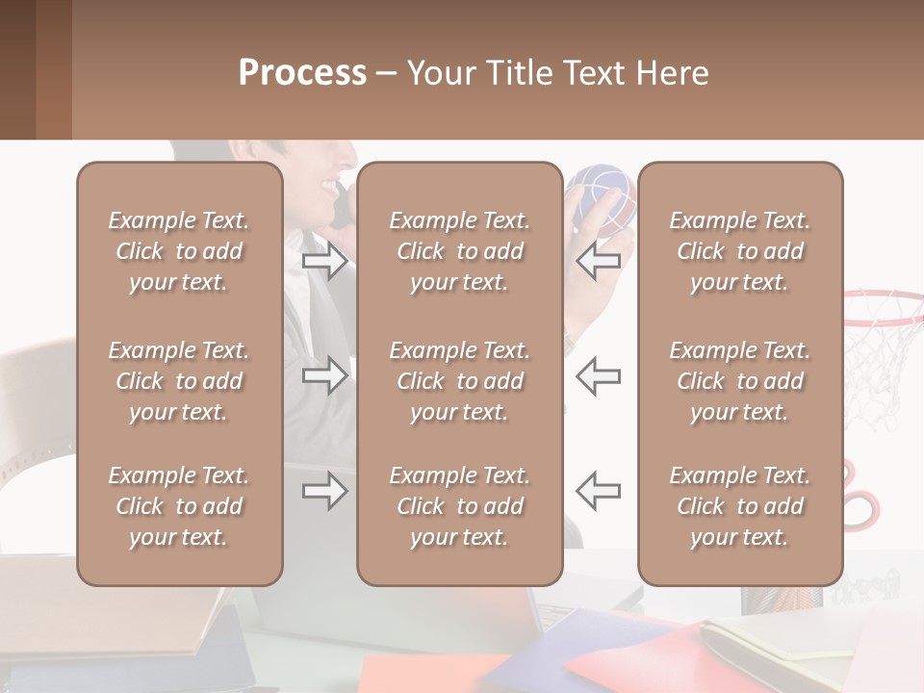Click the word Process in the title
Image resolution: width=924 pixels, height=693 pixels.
(302, 72)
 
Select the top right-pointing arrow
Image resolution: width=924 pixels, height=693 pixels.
(324, 261)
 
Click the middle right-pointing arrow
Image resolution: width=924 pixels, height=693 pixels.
(324, 374)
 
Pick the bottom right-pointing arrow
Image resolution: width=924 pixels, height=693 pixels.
(324, 491)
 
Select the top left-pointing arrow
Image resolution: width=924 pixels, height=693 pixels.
(599, 261)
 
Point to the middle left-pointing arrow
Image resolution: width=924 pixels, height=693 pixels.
(599, 374)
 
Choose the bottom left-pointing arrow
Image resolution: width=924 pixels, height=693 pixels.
(599, 491)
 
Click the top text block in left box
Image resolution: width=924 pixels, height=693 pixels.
(179, 251)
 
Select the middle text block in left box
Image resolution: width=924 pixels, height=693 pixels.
(179, 381)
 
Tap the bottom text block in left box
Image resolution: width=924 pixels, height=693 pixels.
(179, 506)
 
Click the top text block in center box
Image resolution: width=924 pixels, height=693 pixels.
(459, 251)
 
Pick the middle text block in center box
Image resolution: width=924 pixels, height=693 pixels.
(459, 381)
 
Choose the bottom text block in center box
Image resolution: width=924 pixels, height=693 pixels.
(459, 506)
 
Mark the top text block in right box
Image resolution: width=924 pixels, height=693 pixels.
(739, 251)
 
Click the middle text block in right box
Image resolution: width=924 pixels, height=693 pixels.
(739, 381)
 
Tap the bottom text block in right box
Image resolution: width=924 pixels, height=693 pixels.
(739, 506)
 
